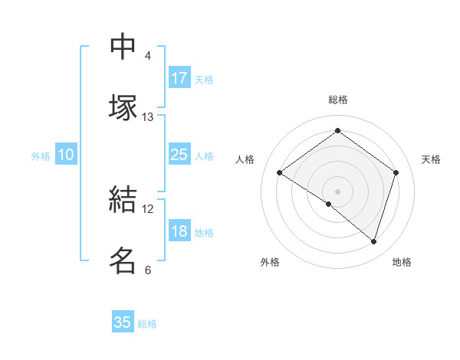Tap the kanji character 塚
123,106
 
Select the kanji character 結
123,199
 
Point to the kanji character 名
123,260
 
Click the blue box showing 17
179,78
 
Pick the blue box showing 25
179,155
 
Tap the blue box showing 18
179,232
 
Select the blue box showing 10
65,155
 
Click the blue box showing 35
123,322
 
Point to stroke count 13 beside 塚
148,117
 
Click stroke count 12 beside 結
148,208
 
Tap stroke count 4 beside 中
148,56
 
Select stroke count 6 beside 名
148,270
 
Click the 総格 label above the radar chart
338,100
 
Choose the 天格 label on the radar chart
432,159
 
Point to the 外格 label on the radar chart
270,262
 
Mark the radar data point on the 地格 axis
373,241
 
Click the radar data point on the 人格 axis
280,173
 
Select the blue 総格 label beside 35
148,324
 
